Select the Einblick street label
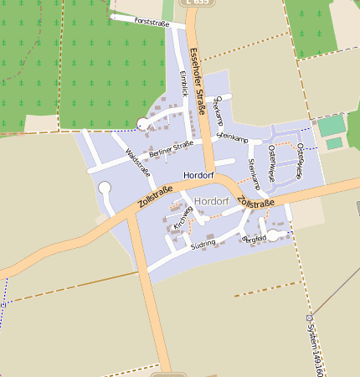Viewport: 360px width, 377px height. [x=184, y=83]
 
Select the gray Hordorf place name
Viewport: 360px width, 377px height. [x=210, y=202]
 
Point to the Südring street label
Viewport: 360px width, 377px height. [x=203, y=243]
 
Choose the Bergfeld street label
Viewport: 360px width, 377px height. [x=254, y=239]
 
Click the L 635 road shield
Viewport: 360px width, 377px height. [x=201, y=3]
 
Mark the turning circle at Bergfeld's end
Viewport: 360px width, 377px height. [x=272, y=235]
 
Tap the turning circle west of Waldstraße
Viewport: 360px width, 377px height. [x=105, y=188]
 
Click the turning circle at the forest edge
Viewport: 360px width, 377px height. [x=143, y=125]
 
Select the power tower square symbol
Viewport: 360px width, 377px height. [x=310, y=318]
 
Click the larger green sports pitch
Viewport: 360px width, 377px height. [x=332, y=126]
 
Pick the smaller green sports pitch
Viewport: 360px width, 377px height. [x=333, y=143]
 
